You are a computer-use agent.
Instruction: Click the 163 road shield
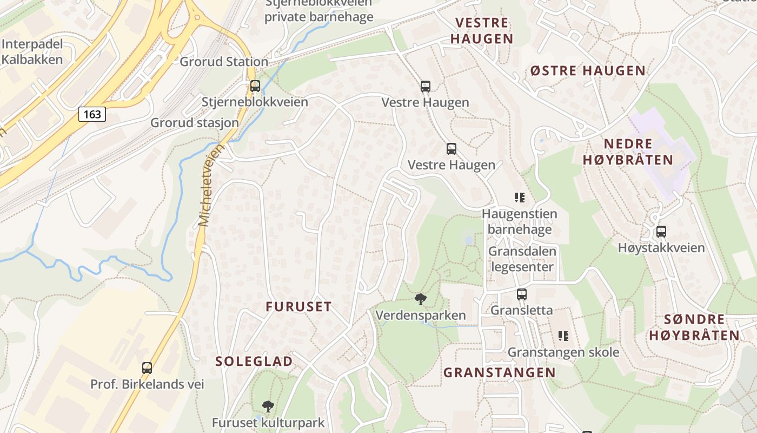(92, 114)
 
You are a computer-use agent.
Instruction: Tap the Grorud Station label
(224, 62)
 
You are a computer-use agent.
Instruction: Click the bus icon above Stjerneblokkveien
(255, 86)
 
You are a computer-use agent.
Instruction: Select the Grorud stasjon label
(195, 123)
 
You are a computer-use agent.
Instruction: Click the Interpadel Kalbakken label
(32, 52)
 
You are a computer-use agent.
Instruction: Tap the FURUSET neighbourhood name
(298, 306)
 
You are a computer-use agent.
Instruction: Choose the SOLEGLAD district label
(254, 361)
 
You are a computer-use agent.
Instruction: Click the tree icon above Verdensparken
(420, 299)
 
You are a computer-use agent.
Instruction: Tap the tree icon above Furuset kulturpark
(268, 406)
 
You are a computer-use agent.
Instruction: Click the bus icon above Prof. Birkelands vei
(147, 368)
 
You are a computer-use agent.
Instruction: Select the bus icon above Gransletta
(522, 294)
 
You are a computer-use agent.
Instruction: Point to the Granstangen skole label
(563, 352)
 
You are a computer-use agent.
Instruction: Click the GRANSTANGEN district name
(500, 372)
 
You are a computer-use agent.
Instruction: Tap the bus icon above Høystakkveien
(661, 232)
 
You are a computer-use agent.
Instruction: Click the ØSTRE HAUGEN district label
(588, 70)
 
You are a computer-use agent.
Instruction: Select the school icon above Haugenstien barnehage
(520, 198)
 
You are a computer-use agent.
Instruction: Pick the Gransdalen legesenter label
(521, 259)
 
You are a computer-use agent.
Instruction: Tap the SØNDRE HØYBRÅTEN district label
(694, 327)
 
